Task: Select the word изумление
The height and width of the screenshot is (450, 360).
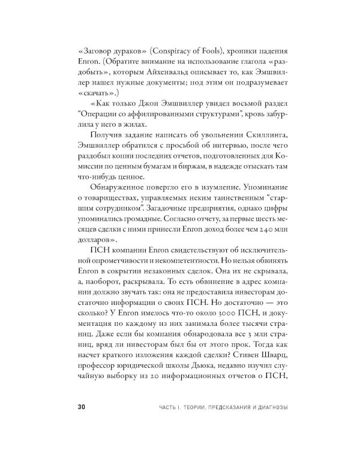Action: (190, 199)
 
